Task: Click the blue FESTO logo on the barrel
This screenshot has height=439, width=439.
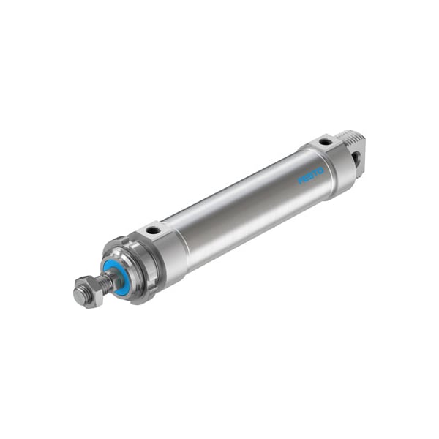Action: click(x=311, y=175)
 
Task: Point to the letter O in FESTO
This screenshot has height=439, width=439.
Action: click(x=320, y=170)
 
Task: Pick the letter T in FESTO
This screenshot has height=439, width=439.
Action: click(x=315, y=172)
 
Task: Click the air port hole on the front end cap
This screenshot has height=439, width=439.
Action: click(x=153, y=231)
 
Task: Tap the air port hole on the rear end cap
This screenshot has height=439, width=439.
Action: click(x=324, y=141)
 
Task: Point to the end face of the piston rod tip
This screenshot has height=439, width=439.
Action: click(x=78, y=296)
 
